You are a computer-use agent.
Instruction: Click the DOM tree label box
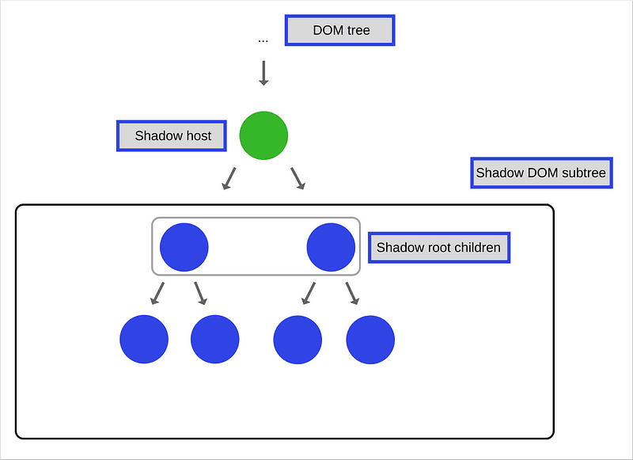(x=339, y=31)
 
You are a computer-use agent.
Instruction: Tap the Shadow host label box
(x=172, y=135)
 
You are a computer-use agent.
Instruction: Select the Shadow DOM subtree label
(x=541, y=173)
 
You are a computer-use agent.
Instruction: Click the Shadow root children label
(x=438, y=247)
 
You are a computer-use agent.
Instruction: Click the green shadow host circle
(x=263, y=135)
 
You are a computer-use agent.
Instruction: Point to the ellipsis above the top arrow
(x=263, y=39)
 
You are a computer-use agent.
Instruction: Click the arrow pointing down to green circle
(x=263, y=73)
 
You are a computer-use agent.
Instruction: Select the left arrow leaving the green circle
(x=229, y=179)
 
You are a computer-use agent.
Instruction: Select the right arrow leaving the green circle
(x=298, y=179)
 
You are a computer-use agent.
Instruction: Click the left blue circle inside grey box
(x=184, y=247)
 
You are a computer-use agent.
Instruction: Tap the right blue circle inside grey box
(x=331, y=247)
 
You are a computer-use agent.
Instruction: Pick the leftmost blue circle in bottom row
(x=144, y=339)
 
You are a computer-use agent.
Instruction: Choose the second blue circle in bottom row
(x=215, y=339)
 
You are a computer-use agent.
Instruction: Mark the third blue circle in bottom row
(x=298, y=339)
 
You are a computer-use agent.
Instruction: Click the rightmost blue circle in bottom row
(x=370, y=339)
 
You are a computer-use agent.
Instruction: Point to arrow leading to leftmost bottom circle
(x=157, y=294)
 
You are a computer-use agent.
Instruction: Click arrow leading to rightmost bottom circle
(x=352, y=294)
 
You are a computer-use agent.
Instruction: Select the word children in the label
(x=476, y=247)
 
